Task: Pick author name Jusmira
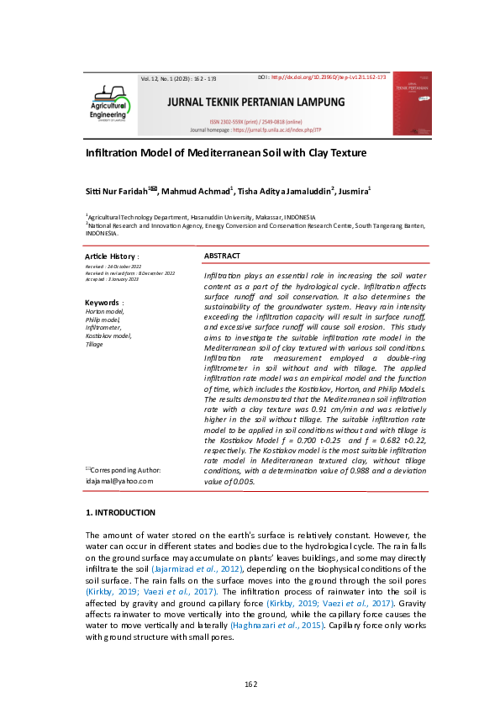tap(352, 192)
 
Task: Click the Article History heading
tap(112, 256)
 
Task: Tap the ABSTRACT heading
tap(222, 256)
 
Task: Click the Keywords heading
tap(103, 302)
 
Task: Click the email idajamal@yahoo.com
tap(119, 480)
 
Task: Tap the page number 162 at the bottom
tap(250, 682)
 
